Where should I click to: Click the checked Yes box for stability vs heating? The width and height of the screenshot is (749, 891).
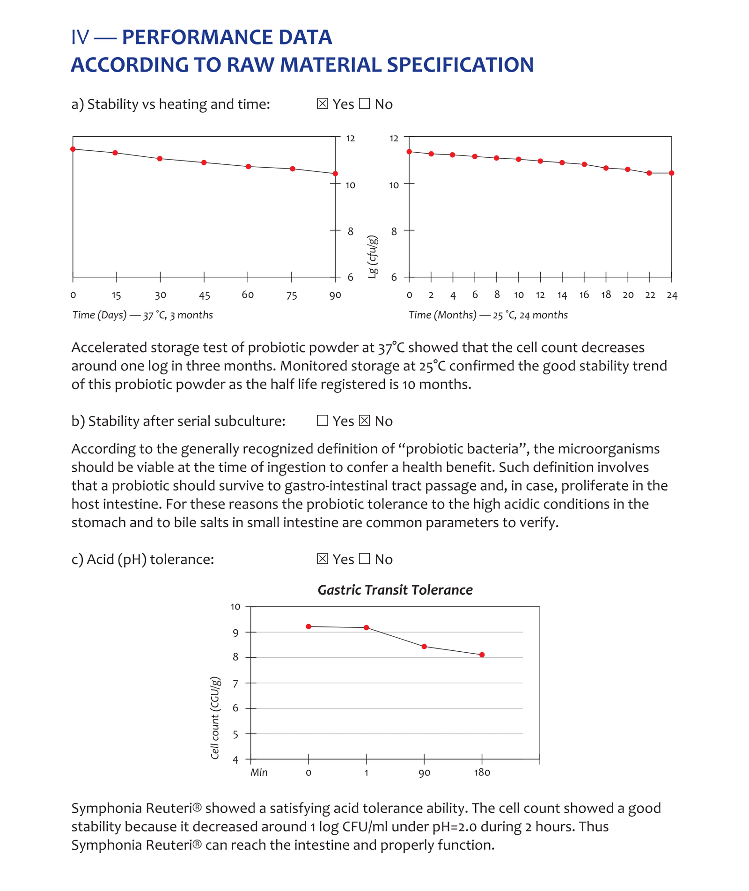tap(322, 103)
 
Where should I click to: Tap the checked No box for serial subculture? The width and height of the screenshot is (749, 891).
tap(364, 420)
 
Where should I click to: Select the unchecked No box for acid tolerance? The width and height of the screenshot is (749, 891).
tap(364, 559)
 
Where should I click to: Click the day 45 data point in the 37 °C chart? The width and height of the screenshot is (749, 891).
tap(204, 162)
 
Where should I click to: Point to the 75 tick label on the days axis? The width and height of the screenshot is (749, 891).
tap(292, 295)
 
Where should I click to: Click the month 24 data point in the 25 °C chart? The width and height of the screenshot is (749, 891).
tap(671, 173)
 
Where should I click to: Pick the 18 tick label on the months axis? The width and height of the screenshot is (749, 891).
tap(606, 295)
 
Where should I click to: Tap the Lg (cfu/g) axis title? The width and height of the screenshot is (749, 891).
tap(373, 257)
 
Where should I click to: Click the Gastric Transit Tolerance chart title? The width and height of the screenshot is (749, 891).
tap(395, 590)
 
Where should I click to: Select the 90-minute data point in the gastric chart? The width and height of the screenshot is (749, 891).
tap(424, 647)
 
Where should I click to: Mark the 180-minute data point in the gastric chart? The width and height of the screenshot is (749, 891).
tap(482, 655)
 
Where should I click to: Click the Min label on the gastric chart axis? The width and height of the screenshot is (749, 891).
tap(259, 773)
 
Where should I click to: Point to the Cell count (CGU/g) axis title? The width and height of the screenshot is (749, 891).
tap(215, 718)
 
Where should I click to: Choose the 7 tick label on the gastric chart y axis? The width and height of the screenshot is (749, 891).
tap(235, 683)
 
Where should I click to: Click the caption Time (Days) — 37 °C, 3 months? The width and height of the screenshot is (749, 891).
tap(142, 315)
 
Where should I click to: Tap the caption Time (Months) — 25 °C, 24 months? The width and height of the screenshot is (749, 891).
tap(488, 315)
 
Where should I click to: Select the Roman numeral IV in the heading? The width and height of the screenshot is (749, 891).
tap(80, 37)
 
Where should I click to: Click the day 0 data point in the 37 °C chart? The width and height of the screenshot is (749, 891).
tap(73, 149)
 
